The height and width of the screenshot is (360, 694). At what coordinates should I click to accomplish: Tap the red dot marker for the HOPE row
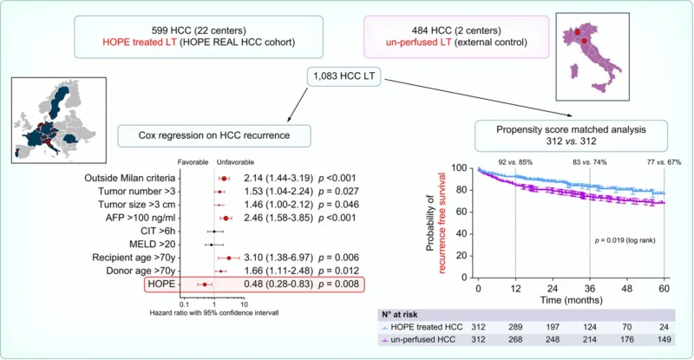click(205, 284)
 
